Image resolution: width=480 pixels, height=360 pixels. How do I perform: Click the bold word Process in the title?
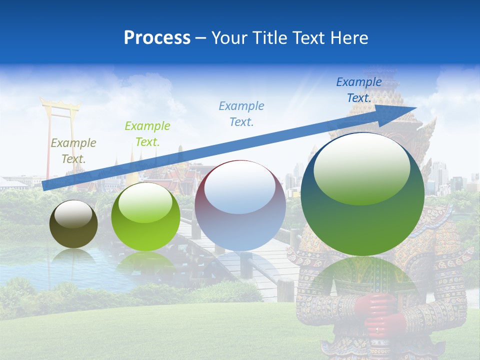pos(157,38)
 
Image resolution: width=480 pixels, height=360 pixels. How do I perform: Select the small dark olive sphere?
pos(73,224)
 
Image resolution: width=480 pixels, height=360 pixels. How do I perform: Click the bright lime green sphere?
pos(145,216)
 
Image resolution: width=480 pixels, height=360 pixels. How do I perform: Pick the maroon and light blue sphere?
pos(240,205)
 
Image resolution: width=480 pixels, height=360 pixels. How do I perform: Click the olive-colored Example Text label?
pos(73,151)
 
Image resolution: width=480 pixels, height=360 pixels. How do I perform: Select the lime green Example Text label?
pos(147,134)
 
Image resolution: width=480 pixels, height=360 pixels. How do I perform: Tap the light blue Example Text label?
pos(241,114)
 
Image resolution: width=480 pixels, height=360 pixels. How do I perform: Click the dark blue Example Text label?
pos(359,90)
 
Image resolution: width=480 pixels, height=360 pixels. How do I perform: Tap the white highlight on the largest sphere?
pos(361,168)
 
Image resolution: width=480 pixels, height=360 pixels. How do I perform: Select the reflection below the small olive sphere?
pos(73,256)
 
